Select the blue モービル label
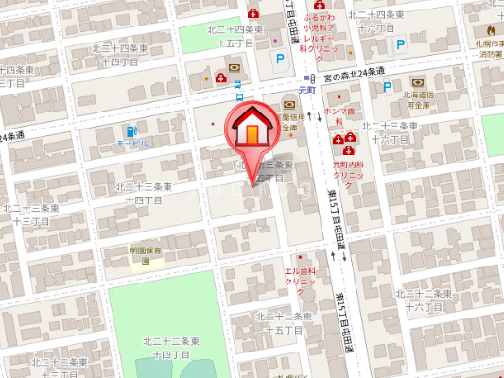(131, 144)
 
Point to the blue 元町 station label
(305, 90)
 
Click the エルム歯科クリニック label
(300, 277)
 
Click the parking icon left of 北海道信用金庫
(386, 87)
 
